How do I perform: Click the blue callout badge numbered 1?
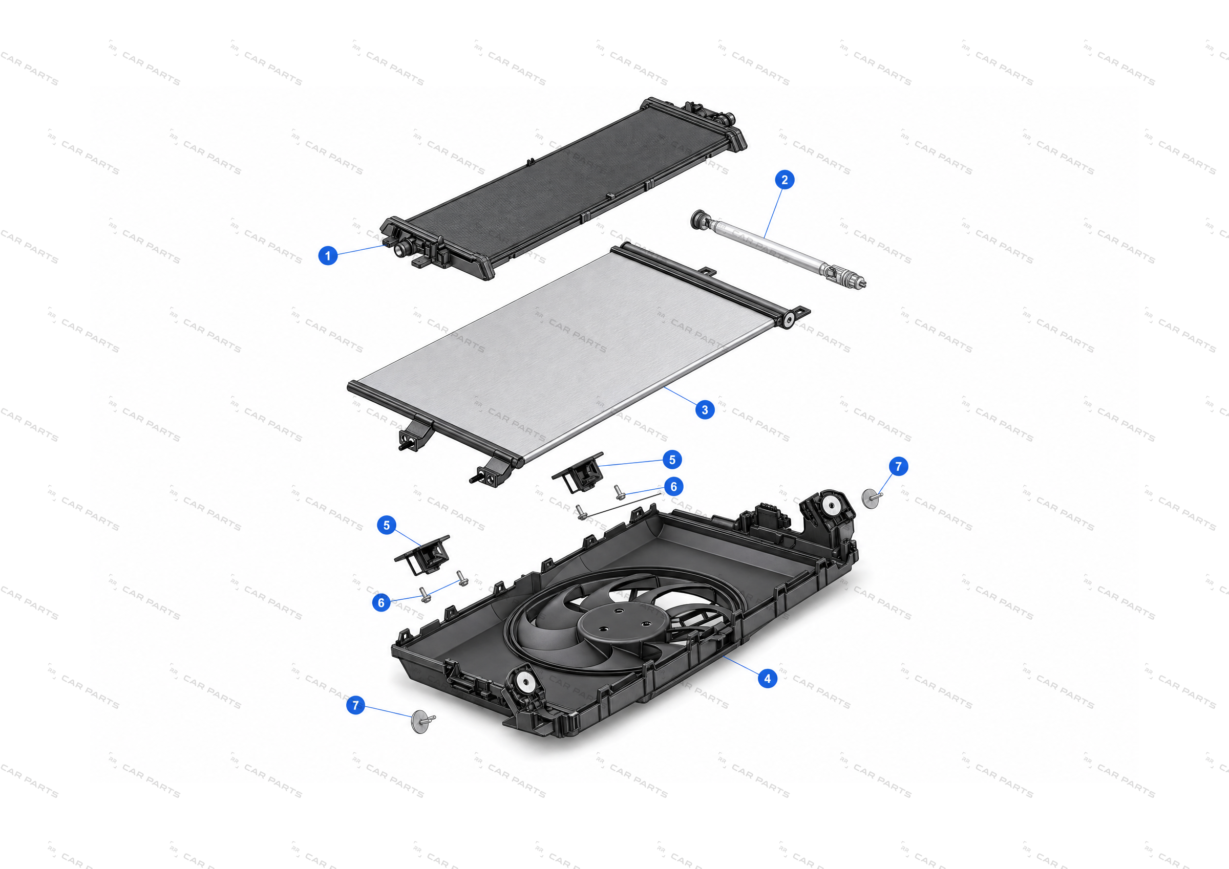[328, 255]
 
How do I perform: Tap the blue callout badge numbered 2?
[785, 180]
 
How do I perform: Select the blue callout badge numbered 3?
[705, 410]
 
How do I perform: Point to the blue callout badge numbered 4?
[768, 679]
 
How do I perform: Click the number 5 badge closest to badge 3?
[672, 460]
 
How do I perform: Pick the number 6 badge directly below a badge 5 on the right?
[674, 486]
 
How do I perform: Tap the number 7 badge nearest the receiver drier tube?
[899, 466]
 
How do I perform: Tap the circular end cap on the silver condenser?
[789, 320]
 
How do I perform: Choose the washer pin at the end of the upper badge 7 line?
[872, 498]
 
